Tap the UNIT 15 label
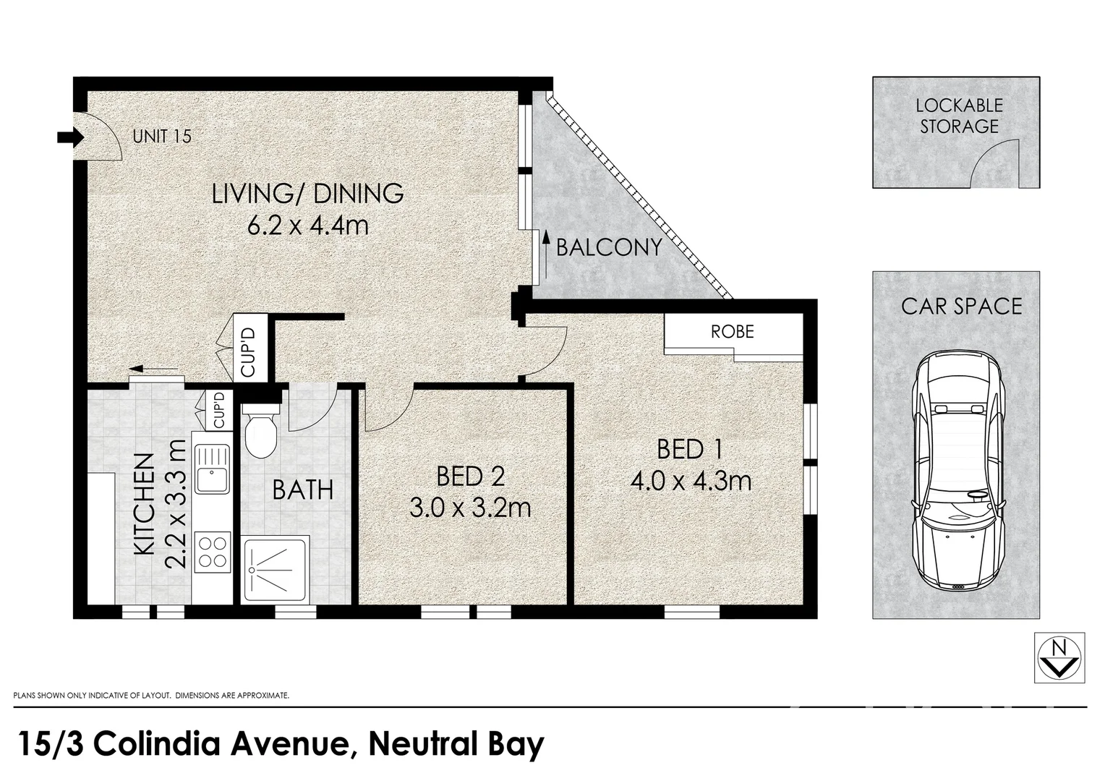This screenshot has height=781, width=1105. pyautogui.click(x=162, y=136)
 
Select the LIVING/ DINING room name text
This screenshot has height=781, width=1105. pyautogui.click(x=307, y=193)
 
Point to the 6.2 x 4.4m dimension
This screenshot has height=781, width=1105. pyautogui.click(x=307, y=226)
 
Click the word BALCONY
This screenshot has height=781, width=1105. pyautogui.click(x=609, y=248)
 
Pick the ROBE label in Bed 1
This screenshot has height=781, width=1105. pyautogui.click(x=732, y=332)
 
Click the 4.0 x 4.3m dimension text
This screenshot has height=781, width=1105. pyautogui.click(x=691, y=481)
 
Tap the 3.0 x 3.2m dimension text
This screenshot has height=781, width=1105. pyautogui.click(x=470, y=508)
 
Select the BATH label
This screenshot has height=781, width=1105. pyautogui.click(x=302, y=490)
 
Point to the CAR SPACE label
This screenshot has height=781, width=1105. pyautogui.click(x=961, y=306)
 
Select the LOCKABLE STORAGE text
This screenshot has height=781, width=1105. pyautogui.click(x=959, y=116)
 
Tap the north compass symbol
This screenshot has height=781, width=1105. pyautogui.click(x=1059, y=657)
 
